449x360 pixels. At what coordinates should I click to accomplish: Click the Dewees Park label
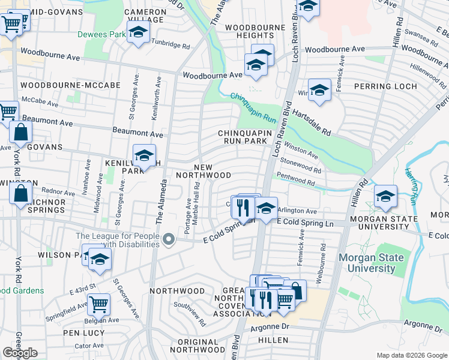click(x=101, y=34)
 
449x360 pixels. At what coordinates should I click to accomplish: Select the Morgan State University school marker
click(x=385, y=196)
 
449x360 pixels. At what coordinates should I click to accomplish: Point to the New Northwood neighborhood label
click(x=203, y=170)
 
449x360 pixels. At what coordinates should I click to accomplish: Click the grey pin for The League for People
click(x=169, y=239)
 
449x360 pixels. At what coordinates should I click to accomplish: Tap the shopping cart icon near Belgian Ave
click(x=98, y=304)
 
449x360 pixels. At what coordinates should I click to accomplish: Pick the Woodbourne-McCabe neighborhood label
click(x=56, y=86)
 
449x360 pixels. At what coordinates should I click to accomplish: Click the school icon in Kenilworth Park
click(x=143, y=157)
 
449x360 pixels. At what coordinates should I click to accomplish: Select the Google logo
click(x=20, y=353)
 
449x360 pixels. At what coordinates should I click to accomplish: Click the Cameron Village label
click(x=146, y=16)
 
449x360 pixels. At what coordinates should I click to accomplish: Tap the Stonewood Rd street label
click(x=301, y=165)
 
